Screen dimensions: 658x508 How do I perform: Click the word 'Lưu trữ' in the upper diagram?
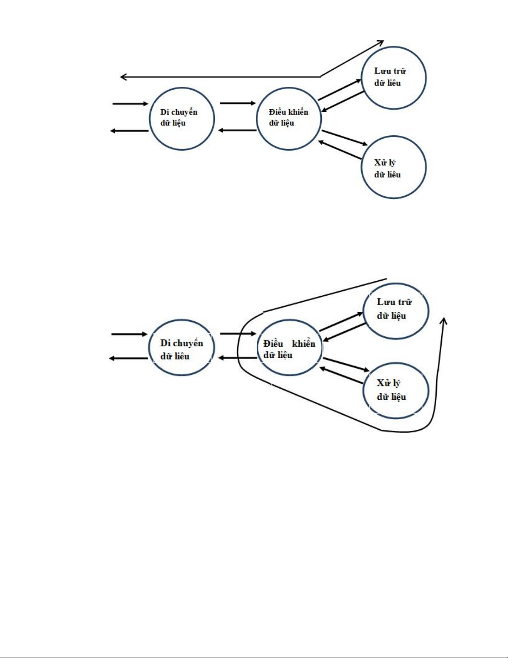tap(390, 71)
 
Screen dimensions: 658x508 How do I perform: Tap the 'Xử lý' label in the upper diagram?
tap(384, 162)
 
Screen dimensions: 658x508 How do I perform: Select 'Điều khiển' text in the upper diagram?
tap(288, 112)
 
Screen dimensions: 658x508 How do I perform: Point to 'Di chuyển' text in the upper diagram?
tap(179, 112)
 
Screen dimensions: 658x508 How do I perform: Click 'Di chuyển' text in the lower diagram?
tap(182, 343)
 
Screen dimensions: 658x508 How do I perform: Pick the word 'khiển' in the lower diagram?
tap(304, 344)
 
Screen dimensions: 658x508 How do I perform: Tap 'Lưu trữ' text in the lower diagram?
tap(394, 302)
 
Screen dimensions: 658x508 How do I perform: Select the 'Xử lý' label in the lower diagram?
tap(388, 383)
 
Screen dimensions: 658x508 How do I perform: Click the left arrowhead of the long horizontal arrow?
tap(123, 77)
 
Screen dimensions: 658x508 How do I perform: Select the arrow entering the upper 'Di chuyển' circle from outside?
tap(130, 103)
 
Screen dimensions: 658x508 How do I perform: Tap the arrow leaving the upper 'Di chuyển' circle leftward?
tap(129, 131)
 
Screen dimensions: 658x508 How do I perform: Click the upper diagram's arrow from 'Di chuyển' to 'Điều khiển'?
tap(238, 103)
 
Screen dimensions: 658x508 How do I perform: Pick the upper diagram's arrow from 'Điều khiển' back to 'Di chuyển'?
tap(237, 130)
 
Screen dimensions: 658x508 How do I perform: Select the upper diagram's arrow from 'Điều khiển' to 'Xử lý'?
tap(345, 138)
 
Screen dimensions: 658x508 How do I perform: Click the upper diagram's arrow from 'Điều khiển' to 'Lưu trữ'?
tap(340, 90)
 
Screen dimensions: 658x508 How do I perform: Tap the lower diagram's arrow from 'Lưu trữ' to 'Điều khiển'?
tap(344, 332)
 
